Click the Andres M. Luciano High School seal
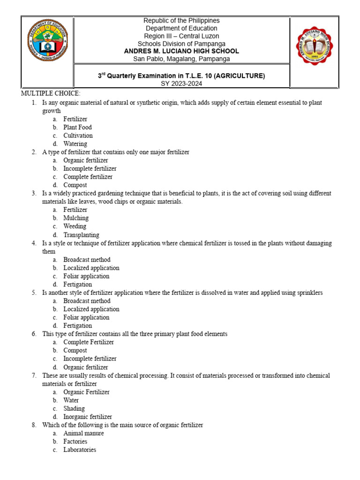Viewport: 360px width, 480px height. (315, 46)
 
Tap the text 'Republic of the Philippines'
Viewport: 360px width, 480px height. (181, 21)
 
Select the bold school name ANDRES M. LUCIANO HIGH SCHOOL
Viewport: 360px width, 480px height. (181, 51)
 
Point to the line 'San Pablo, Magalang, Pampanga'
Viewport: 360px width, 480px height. (181, 59)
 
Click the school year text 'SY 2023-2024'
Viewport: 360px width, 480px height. (181, 83)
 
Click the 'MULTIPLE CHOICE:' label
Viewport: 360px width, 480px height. (51, 94)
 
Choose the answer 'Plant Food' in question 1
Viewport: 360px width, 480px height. (77, 127)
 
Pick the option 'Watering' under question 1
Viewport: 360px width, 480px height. (75, 144)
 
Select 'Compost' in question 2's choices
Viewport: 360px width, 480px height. (75, 185)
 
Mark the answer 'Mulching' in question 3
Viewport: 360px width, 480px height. (76, 218)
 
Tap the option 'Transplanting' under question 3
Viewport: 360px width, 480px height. (81, 235)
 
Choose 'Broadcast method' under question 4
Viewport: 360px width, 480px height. (87, 260)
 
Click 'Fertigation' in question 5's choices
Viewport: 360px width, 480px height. (77, 326)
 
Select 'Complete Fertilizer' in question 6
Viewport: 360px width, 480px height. (89, 342)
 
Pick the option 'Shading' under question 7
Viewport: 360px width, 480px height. (74, 409)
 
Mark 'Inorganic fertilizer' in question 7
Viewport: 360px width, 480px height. (88, 417)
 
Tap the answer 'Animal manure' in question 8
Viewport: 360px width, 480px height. (83, 434)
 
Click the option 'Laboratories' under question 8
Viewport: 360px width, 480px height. (80, 450)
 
